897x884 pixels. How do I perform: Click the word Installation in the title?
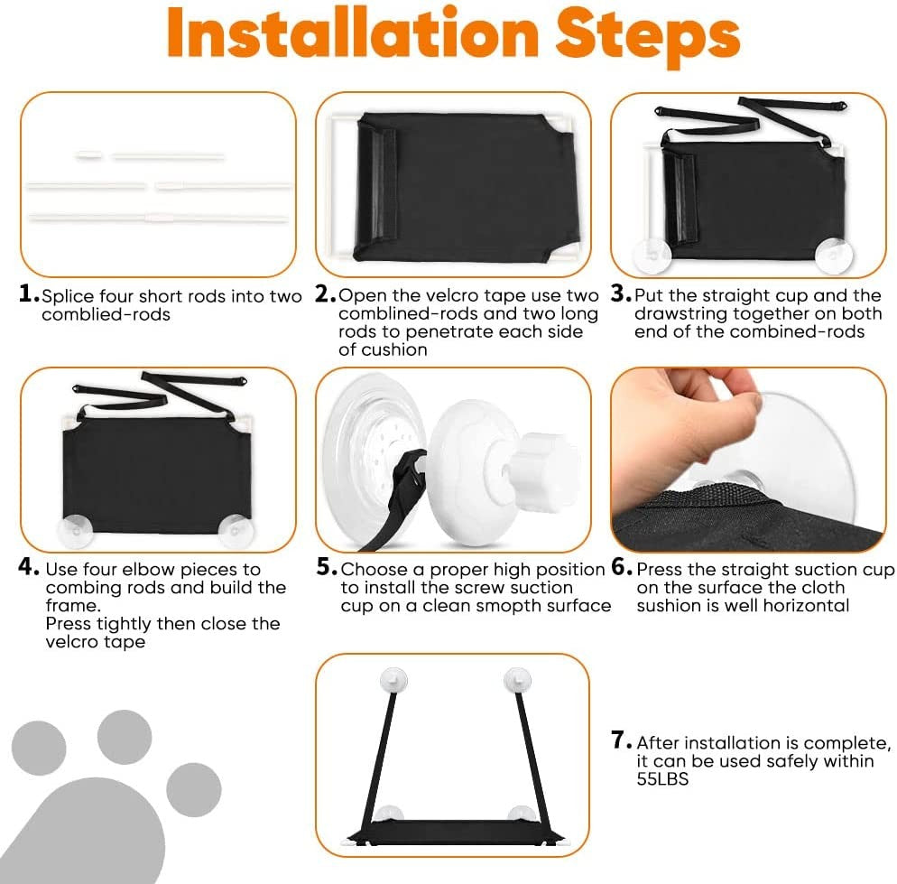pyautogui.click(x=353, y=33)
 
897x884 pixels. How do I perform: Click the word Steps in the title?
pyautogui.click(x=648, y=35)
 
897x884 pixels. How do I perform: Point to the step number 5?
pyautogui.click(x=327, y=567)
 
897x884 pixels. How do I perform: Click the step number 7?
pyautogui.click(x=621, y=740)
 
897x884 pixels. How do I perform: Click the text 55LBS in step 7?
pyautogui.click(x=662, y=779)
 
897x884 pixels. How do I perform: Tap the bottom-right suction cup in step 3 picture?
pyautogui.click(x=834, y=255)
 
